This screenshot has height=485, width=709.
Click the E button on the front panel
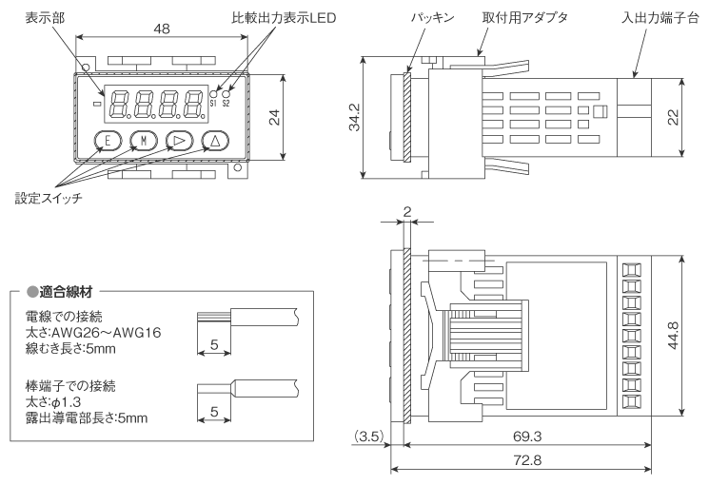click(107, 141)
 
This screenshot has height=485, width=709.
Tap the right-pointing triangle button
click(178, 141)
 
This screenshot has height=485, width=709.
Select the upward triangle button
click(214, 141)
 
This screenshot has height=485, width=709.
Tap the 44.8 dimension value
click(699, 336)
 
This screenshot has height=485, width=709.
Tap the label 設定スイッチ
click(49, 198)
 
